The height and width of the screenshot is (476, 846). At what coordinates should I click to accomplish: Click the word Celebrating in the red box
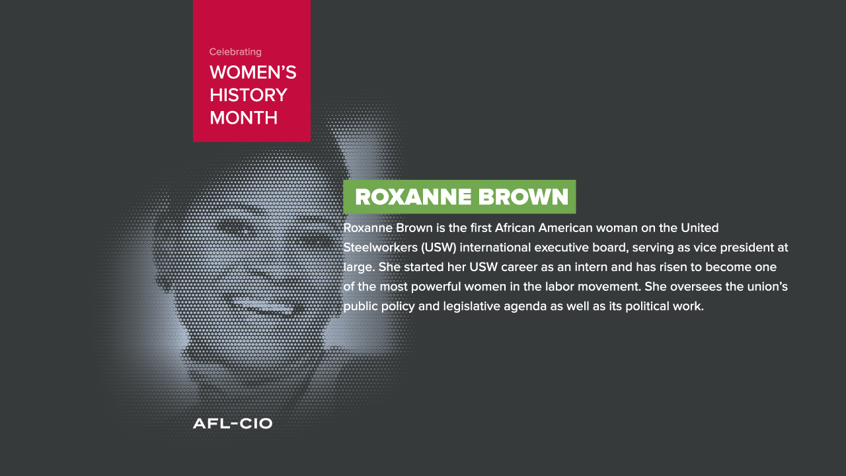pos(235,52)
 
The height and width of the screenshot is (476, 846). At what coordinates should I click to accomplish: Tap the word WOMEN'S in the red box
pos(253,72)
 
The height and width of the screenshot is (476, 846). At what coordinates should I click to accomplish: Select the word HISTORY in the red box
pos(248,95)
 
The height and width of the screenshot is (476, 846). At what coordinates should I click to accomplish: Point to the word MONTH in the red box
pos(244,118)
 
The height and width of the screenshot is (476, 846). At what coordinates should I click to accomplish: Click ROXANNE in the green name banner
pos(413,197)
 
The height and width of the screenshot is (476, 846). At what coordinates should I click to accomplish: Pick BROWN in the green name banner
pos(523,197)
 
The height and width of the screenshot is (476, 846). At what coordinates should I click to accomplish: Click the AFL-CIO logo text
pos(233,424)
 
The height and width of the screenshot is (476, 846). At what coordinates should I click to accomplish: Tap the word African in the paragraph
pos(515,228)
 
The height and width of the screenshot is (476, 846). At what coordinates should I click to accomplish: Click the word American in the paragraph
pos(565,228)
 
